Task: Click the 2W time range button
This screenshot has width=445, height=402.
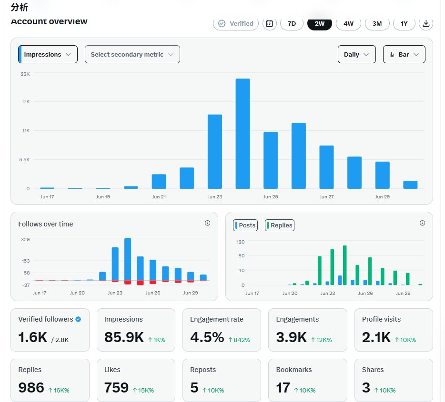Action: pos(320,23)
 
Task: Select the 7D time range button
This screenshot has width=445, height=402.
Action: pos(292,23)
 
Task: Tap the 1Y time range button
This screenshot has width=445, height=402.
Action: pos(404,23)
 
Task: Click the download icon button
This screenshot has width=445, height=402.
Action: pos(426,23)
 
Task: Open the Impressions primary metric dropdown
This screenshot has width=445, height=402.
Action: pos(48,54)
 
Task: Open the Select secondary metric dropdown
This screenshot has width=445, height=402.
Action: pos(132,54)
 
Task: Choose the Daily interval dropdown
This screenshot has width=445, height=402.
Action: pos(357,54)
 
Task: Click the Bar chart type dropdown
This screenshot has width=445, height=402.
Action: pos(404,54)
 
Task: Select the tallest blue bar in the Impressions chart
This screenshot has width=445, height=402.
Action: pos(243,134)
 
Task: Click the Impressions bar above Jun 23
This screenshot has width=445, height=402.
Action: pos(215,152)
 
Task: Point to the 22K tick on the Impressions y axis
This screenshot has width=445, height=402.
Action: pos(25,74)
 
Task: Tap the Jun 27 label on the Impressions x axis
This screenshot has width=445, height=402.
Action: pos(327,196)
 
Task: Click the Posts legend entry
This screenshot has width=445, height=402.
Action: pos(245,225)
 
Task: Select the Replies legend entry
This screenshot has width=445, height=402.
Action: pos(280,225)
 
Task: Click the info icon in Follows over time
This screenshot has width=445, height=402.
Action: pos(207,223)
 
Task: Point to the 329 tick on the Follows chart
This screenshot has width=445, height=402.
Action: pos(25,239)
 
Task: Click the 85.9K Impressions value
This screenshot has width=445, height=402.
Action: pos(124,337)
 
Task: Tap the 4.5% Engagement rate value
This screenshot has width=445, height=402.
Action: pos(207,337)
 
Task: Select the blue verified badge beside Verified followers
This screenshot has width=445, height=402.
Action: pos(78,319)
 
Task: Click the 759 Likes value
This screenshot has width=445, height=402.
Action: pos(116,388)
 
